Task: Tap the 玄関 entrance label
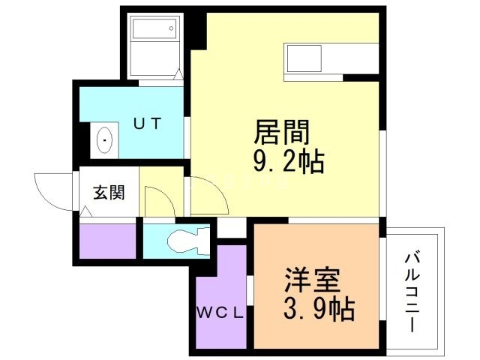(x=109, y=192)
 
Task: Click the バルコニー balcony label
(x=412, y=292)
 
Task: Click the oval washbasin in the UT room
(x=103, y=140)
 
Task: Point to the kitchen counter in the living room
(x=330, y=58)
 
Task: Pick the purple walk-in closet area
(x=220, y=285)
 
